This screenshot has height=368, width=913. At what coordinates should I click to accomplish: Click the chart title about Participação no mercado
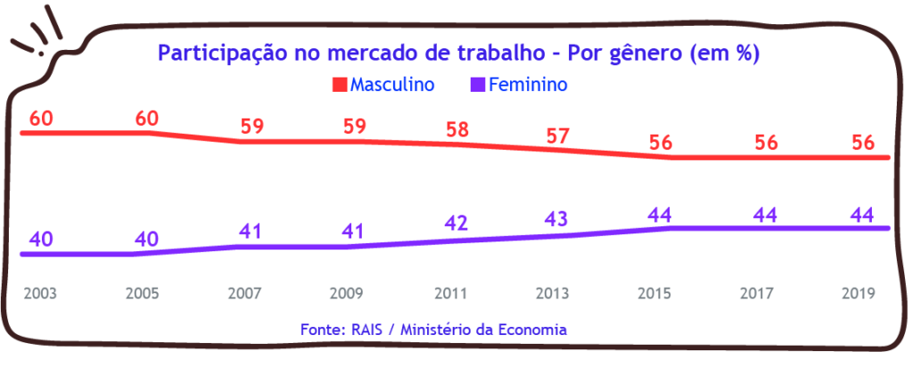point(457,53)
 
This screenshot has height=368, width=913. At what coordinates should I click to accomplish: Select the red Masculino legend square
point(339,86)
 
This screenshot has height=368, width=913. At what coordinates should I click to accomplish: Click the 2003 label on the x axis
point(40,292)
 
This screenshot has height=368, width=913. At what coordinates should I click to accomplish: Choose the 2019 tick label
point(860,292)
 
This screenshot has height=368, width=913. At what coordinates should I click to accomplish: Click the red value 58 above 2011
point(458,128)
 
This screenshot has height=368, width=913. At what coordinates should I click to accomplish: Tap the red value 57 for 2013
point(558,135)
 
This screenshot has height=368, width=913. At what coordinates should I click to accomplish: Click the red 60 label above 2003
point(41,119)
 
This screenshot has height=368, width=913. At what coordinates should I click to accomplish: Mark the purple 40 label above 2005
point(146,240)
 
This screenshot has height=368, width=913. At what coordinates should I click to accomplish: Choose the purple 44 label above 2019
point(860,214)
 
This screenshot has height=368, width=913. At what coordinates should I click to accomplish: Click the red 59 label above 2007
point(252,126)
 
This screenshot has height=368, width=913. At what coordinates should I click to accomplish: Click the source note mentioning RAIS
point(434,329)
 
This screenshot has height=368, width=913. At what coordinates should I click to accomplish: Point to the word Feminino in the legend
point(529,86)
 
